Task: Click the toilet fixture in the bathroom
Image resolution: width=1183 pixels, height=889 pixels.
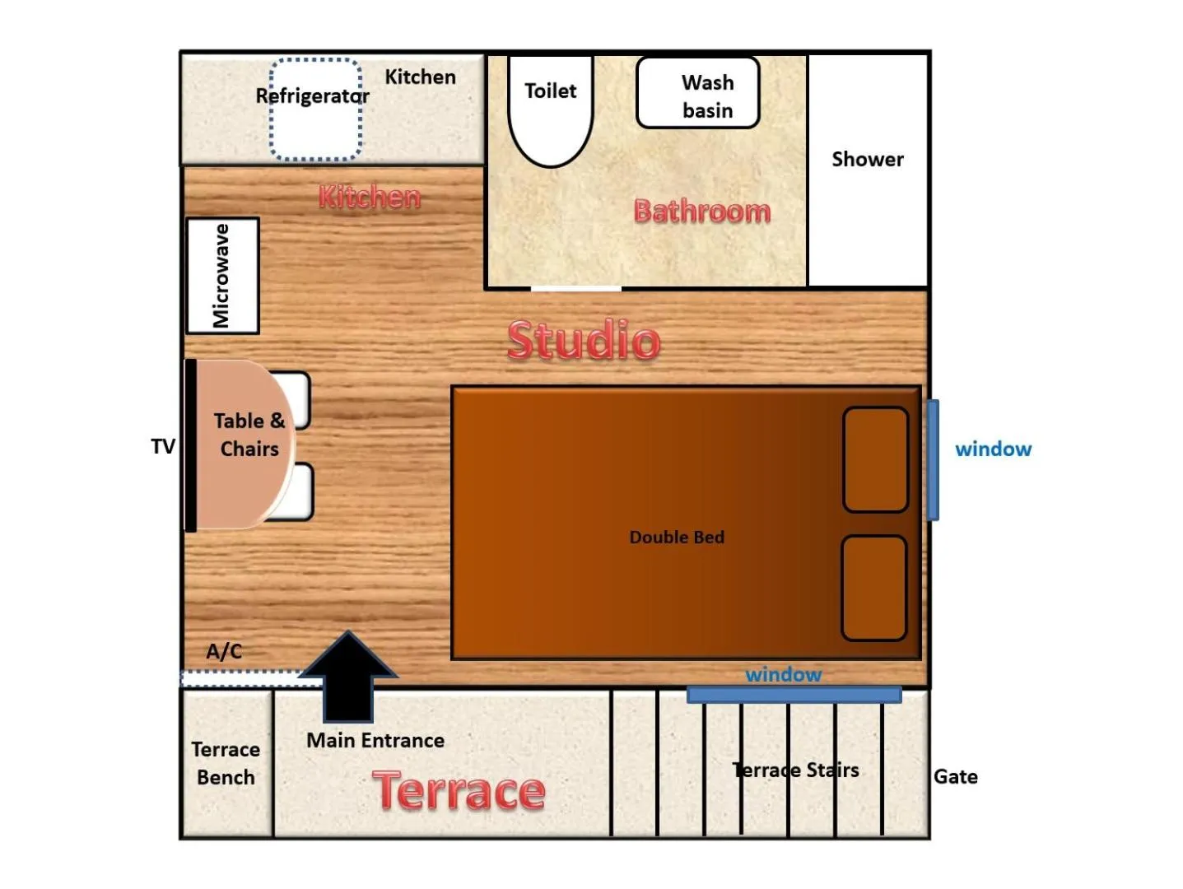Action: tap(551, 107)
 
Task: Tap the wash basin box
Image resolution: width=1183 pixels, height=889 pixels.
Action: tap(697, 93)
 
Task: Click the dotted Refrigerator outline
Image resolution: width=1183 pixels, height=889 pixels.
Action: tap(315, 109)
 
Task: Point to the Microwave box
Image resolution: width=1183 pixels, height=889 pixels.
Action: tap(222, 276)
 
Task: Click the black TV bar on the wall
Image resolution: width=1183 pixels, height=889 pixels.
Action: tap(190, 445)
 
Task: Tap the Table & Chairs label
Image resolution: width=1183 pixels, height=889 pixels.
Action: tap(249, 435)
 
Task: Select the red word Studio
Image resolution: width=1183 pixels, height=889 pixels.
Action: tap(583, 340)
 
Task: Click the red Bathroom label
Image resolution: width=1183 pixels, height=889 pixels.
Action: tap(701, 212)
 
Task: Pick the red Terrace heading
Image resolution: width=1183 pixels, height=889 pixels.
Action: tap(459, 791)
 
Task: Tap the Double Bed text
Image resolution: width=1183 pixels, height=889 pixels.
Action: tap(677, 538)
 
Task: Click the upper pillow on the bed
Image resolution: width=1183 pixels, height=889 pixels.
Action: tap(875, 459)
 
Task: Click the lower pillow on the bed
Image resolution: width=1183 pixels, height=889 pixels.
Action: tap(873, 588)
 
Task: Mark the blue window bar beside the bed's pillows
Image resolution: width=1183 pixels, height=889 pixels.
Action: tap(933, 460)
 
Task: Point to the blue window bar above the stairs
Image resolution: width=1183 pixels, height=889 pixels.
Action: tap(794, 695)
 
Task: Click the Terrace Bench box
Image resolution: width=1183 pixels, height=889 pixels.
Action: tap(226, 763)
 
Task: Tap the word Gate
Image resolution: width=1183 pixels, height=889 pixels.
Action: tap(955, 777)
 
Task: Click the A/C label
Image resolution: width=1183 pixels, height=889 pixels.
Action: tap(224, 652)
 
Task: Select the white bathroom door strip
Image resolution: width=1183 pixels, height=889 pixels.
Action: tap(575, 288)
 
